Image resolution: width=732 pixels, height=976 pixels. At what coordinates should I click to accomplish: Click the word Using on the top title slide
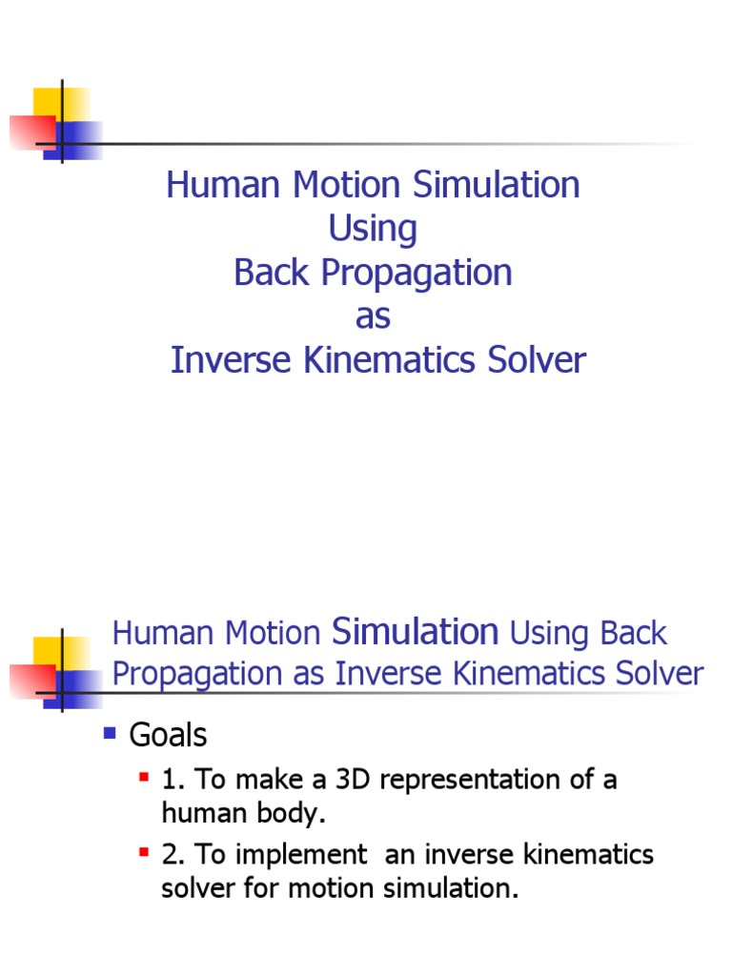click(373, 230)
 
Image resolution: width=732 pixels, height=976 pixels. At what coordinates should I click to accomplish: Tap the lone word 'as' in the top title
click(373, 317)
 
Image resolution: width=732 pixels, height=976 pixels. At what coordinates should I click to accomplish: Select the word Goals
click(168, 735)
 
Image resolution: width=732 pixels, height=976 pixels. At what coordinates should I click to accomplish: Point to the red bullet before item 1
click(144, 778)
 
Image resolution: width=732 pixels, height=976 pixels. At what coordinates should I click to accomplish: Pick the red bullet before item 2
click(144, 852)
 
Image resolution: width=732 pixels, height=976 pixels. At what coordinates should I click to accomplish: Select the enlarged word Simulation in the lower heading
click(415, 631)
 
